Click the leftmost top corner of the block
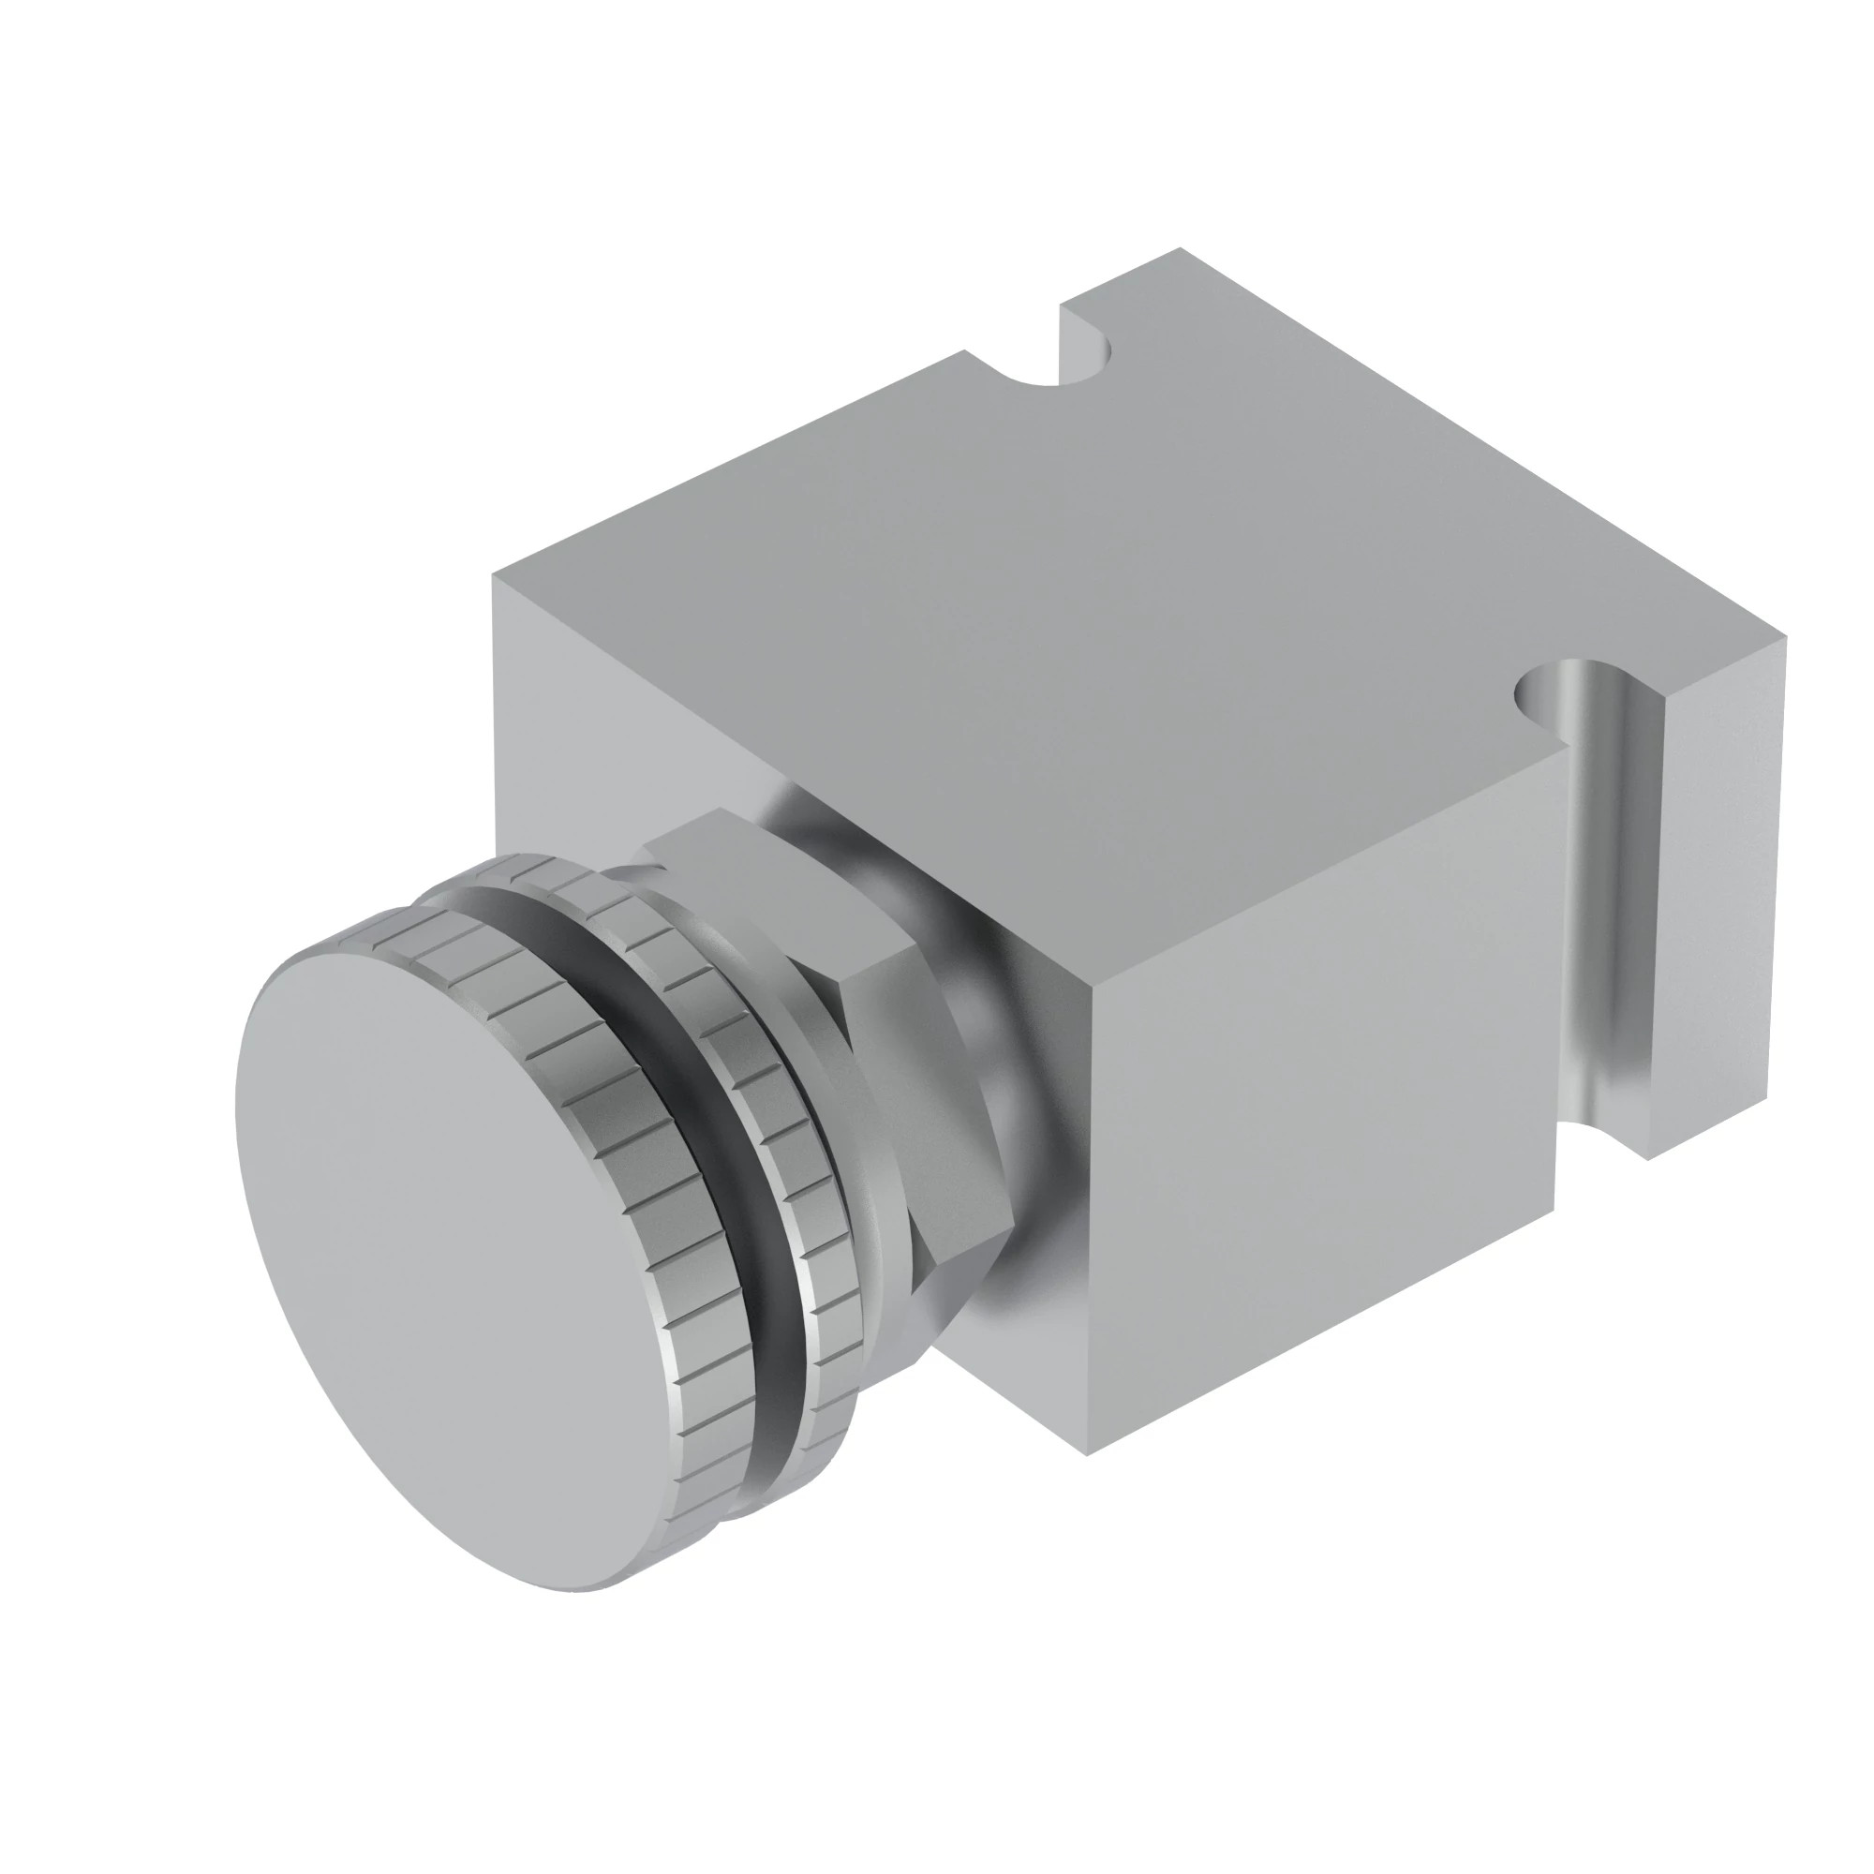tap(494, 576)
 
